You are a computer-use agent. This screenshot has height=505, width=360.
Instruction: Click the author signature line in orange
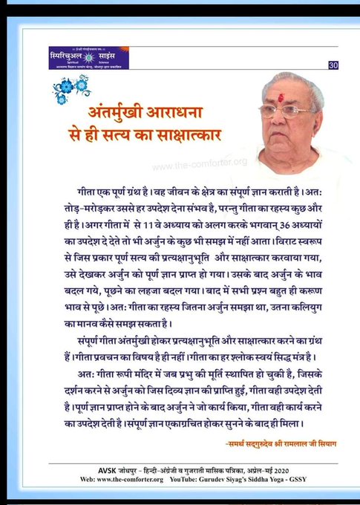(x=276, y=443)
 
